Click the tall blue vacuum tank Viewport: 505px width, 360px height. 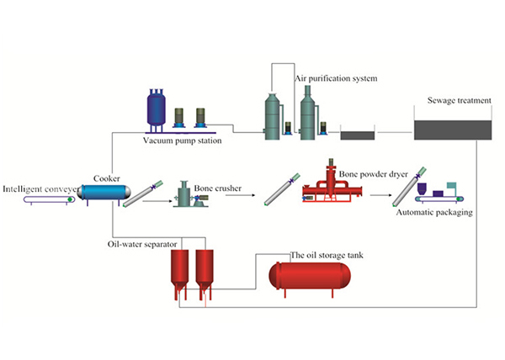156,107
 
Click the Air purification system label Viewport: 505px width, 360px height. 336,78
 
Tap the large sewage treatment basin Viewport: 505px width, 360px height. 453,129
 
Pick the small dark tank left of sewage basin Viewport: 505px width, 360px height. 357,133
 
